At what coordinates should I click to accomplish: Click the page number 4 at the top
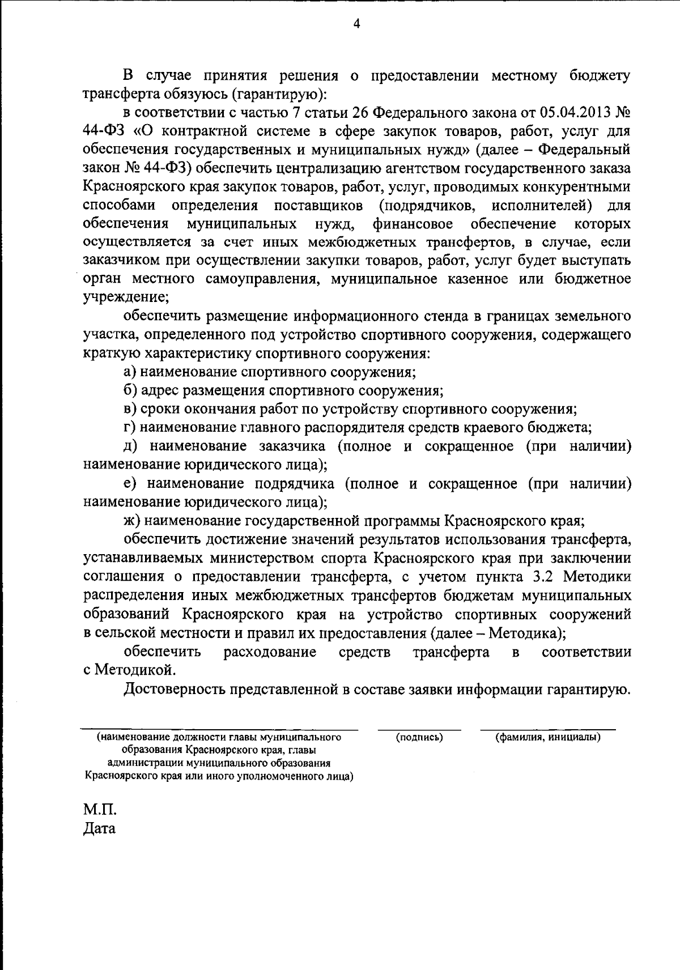356,24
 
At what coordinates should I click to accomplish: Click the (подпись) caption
419,737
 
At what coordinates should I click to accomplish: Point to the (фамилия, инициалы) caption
548,737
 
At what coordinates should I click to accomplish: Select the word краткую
110,354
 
